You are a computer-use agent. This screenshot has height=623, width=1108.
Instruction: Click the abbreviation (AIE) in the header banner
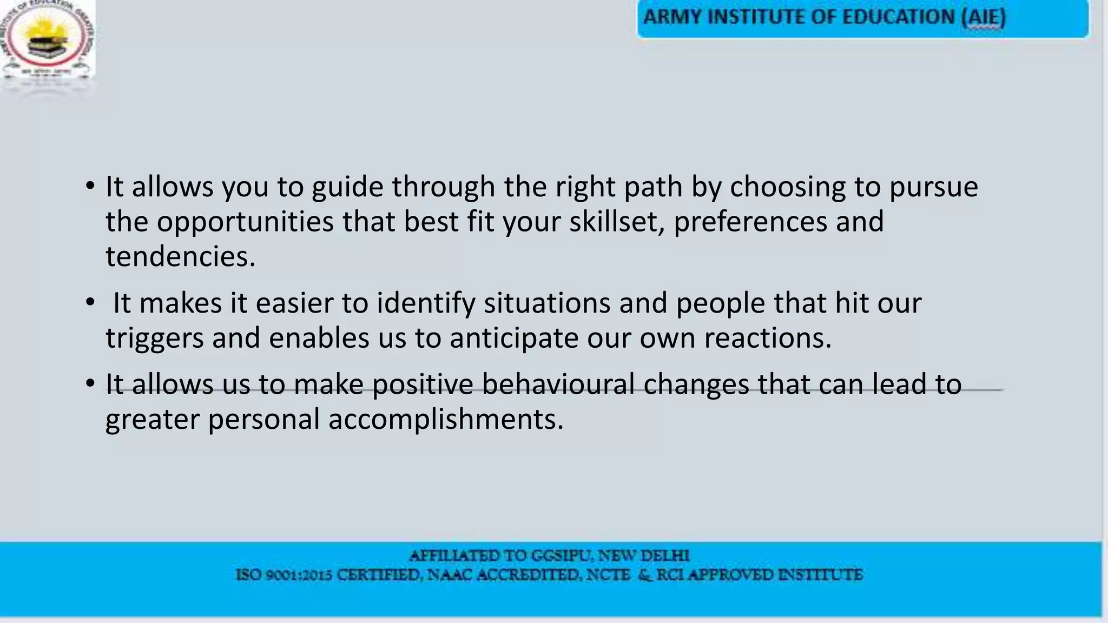click(984, 17)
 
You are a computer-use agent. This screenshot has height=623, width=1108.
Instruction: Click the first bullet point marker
click(90, 187)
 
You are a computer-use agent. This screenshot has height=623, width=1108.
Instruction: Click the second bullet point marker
click(90, 303)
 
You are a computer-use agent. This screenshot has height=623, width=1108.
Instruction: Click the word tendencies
click(180, 256)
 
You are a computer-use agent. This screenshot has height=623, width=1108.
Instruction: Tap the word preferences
click(750, 222)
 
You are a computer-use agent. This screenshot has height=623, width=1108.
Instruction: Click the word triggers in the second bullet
click(154, 339)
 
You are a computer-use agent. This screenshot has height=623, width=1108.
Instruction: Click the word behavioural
click(558, 385)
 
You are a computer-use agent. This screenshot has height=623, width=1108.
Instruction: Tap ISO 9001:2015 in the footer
click(283, 575)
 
